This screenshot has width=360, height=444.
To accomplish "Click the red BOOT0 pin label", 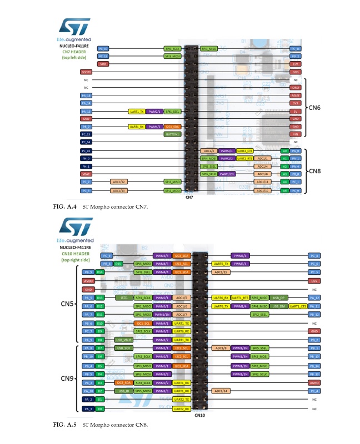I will (86, 72).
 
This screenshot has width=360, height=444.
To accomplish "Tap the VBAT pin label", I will (86, 174).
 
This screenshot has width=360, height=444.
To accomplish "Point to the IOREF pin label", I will (296, 88).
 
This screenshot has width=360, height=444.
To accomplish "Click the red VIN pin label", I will (296, 134).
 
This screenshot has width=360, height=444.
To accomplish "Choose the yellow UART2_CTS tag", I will (244, 150).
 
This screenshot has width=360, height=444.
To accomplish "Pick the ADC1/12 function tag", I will (119, 182).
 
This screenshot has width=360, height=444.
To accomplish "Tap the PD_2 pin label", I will (296, 56).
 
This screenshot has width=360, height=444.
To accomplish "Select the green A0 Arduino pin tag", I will (284, 150).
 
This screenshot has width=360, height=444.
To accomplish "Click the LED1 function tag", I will (124, 298).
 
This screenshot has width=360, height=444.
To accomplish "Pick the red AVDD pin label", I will (88, 281).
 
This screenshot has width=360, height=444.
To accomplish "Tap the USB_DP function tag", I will (279, 298).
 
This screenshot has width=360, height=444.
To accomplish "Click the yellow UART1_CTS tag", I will (298, 306).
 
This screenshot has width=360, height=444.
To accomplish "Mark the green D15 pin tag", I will (118, 264).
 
